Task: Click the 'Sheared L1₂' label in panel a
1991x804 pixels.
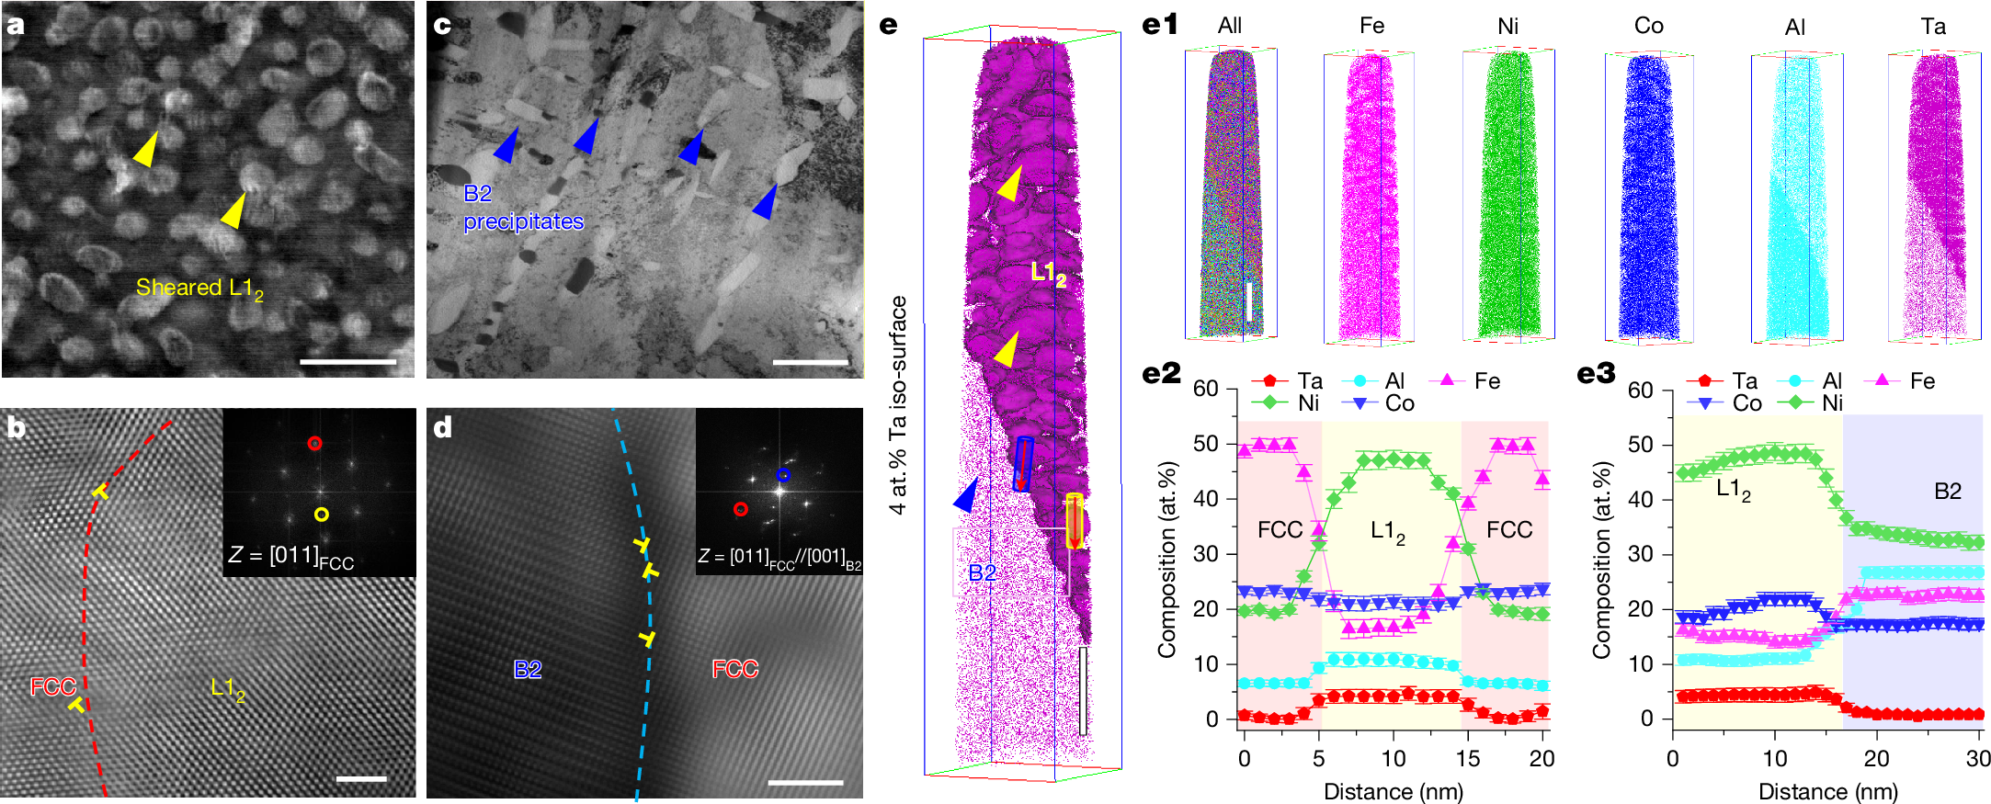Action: coord(199,289)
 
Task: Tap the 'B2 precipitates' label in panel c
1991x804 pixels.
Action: coord(523,208)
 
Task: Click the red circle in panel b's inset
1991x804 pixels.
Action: coord(315,443)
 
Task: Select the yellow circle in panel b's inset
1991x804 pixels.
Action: coord(321,515)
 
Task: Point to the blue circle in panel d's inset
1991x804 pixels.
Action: coord(782,475)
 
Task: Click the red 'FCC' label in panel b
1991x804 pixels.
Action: coord(52,686)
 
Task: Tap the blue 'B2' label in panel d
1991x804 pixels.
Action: coord(527,669)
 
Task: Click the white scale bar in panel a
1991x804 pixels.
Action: coord(347,361)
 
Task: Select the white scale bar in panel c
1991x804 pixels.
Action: coord(810,362)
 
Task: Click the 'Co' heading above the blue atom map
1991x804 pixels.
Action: coord(1648,26)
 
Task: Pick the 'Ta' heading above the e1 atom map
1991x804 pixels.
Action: coord(1932,27)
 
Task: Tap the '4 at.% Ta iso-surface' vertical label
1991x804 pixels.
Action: coord(898,404)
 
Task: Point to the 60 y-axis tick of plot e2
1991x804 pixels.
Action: coord(1205,389)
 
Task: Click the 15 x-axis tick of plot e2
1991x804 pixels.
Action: coord(1467,759)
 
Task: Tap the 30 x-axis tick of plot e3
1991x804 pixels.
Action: coord(1977,759)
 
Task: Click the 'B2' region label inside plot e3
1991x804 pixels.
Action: coord(1947,491)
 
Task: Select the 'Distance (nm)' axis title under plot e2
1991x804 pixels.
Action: coord(1393,791)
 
